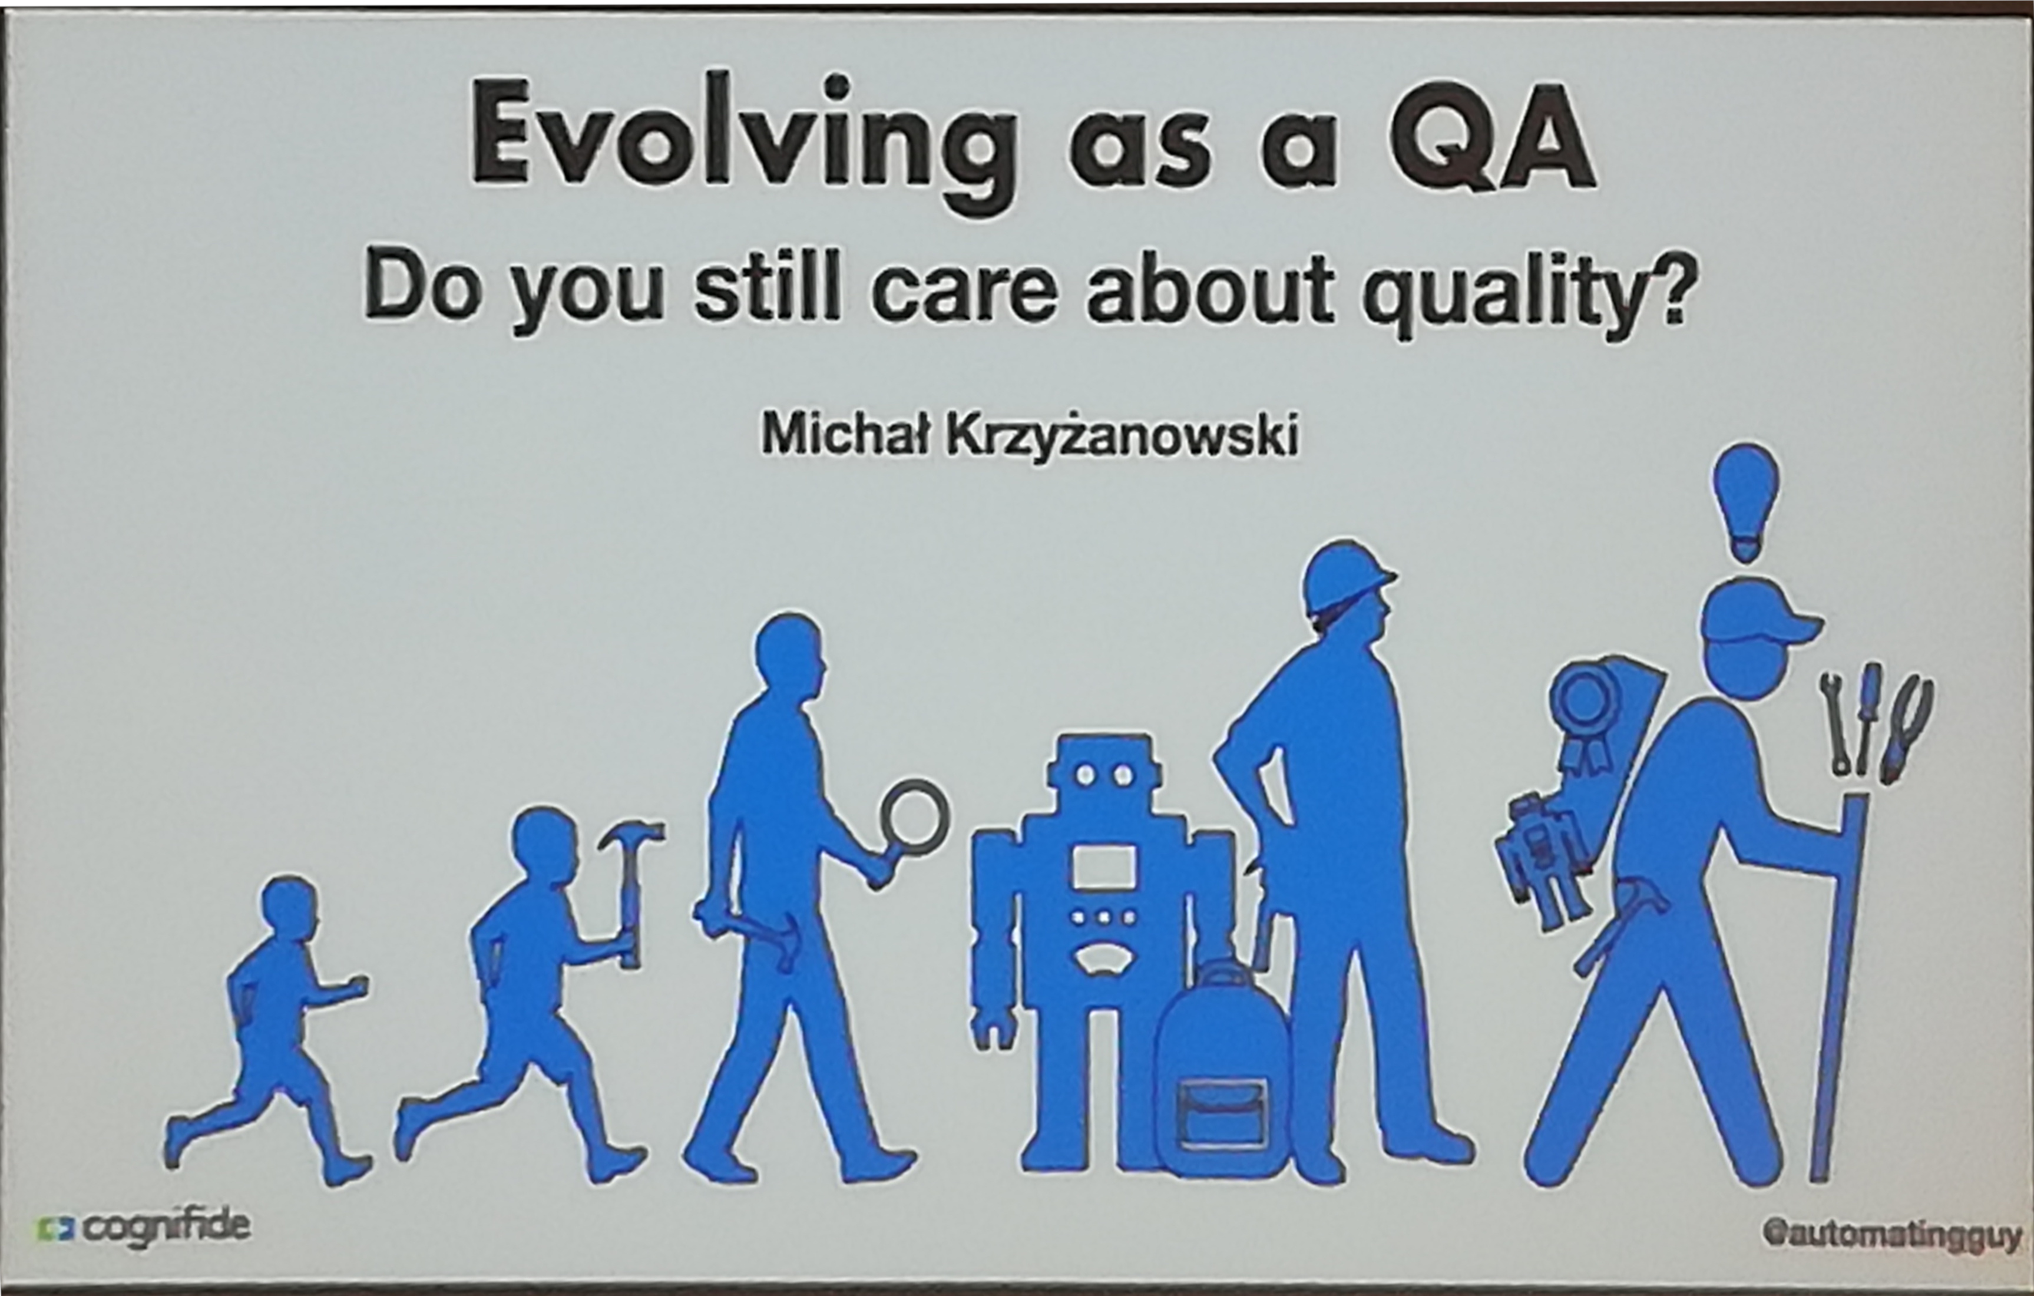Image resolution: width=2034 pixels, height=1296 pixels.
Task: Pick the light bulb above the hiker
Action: pos(1746,500)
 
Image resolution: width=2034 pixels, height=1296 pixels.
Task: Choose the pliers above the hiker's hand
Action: pos(1911,728)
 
